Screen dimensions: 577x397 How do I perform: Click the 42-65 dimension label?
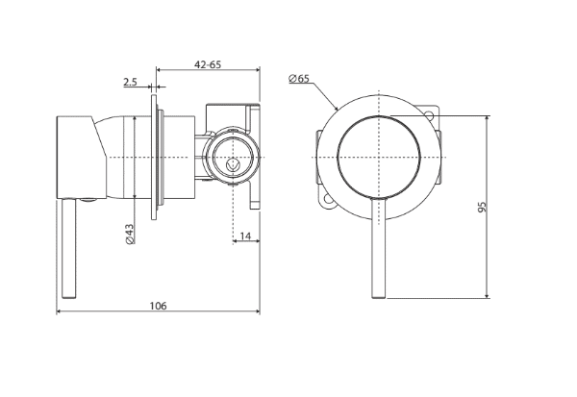pos(208,64)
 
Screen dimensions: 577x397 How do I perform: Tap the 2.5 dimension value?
pos(130,82)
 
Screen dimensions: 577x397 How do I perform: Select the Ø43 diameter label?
pos(130,234)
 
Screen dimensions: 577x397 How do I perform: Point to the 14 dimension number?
pos(245,236)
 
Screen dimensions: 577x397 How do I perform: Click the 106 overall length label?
pos(158,306)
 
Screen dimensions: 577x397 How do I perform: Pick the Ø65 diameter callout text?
pos(299,79)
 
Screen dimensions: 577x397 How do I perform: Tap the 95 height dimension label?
pos(482,207)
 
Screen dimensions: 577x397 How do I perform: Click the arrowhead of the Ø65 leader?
pos(336,108)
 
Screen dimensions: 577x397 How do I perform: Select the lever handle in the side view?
pos(69,248)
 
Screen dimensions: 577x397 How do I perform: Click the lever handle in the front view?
pos(379,248)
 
